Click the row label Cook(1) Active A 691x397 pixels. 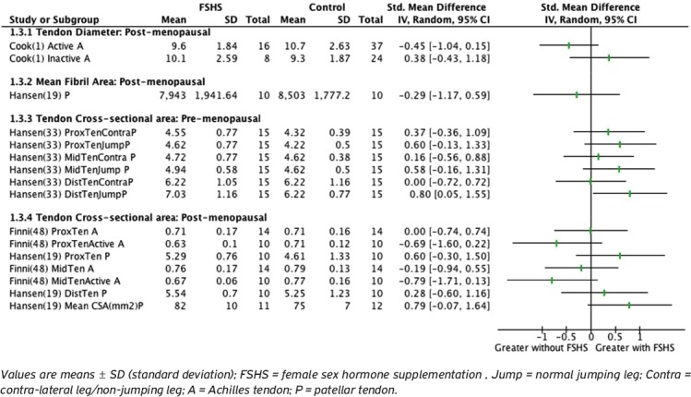tap(48, 44)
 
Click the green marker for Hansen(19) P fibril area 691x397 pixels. tap(577, 94)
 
